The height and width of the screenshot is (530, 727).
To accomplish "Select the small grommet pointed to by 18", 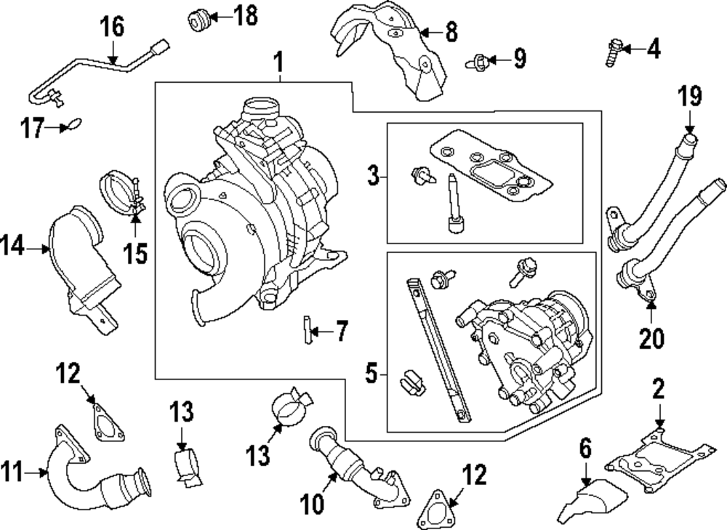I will coord(198,20).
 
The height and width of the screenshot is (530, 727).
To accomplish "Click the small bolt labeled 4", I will coord(611,52).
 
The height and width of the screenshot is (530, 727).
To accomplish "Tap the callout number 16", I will coord(112,29).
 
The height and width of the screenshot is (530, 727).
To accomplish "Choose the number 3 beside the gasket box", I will coord(373,174).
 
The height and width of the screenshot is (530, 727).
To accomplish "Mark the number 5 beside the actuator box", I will coord(371,374).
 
